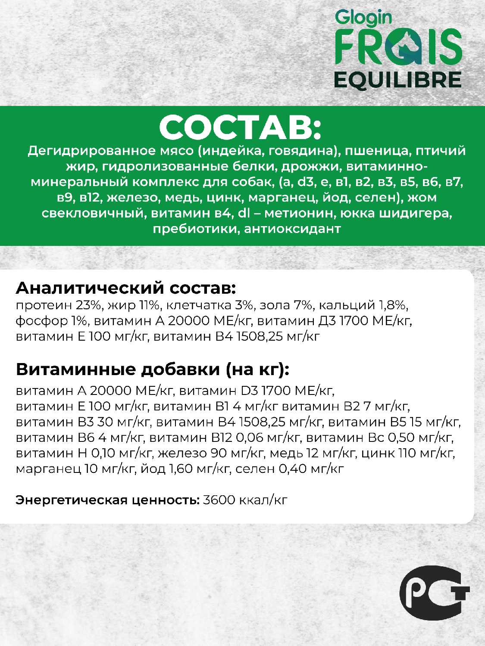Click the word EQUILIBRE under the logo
click(398, 80)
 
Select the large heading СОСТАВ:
click(241, 127)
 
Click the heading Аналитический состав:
click(126, 287)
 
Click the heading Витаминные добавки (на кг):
click(153, 369)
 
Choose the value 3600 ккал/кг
click(244, 500)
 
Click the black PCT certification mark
click(433, 596)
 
